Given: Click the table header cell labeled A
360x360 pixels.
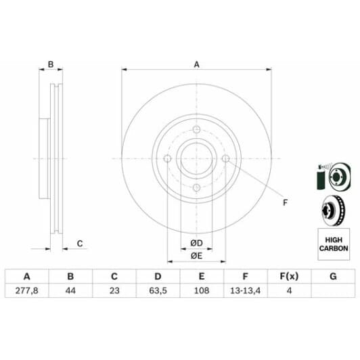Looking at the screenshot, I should coord(26,276).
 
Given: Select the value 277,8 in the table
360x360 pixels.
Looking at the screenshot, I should coord(26,291).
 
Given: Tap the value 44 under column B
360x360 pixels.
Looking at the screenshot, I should coord(70,291).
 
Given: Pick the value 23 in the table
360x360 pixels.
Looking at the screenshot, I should coord(114,291).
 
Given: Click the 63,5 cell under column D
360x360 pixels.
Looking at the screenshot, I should coord(158,291).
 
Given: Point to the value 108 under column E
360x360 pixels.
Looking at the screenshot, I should coord(202,291).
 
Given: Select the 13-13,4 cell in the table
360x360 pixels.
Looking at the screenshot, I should coord(245,291).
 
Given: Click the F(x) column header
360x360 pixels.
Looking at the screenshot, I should coord(289,276).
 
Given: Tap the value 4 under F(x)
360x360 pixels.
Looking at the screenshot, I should coord(289,291).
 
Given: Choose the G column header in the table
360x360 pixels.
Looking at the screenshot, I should coord(332,276).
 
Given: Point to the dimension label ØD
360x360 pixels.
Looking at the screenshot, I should coord(196,243).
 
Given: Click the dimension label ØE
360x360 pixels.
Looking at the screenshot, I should coord(196,255).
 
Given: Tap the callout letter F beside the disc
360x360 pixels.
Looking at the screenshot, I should coord(284,202).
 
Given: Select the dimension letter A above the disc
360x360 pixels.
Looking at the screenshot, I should coord(197,65).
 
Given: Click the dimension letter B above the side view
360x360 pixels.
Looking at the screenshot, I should coord(50,65).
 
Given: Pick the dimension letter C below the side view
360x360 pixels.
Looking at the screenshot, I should coord(79,244).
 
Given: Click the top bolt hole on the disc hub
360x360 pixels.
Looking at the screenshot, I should coord(196,130).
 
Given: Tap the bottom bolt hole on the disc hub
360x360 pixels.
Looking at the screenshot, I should coord(196,187).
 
